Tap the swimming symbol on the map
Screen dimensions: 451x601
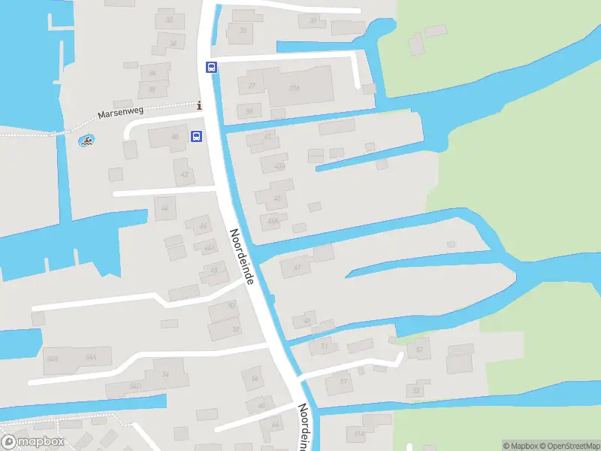pos(87,141)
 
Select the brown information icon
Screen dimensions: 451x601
pos(199,106)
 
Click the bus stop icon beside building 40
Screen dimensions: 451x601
pos(197,136)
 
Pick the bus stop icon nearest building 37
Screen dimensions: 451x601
pos(211,67)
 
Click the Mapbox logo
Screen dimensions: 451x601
pos(33,442)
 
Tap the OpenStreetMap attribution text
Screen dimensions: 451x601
pos(568,446)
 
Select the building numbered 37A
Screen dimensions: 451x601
pos(294,88)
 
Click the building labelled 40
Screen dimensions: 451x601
pos(175,137)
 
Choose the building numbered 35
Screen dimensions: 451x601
pos(243,31)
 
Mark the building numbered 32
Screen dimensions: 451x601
pos(169,20)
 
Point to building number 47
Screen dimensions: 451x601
pos(297,267)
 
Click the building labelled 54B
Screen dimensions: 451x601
pos(52,359)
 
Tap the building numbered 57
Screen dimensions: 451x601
pos(344,382)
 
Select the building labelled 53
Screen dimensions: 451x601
pos(419,350)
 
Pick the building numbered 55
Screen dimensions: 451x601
pos(416,391)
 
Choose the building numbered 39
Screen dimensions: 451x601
pos(249,111)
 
